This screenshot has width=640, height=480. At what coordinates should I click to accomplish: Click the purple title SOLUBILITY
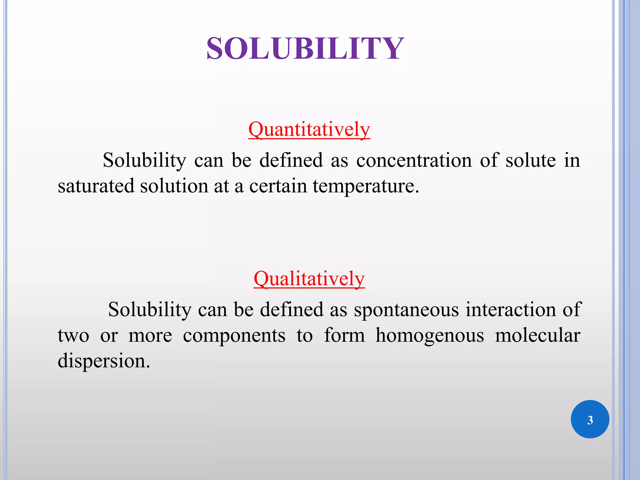[305, 48]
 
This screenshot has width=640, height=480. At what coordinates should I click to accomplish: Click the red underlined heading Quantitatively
[309, 129]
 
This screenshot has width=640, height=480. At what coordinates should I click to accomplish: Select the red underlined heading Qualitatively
[309, 279]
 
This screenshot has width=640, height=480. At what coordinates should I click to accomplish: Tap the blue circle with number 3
[590, 419]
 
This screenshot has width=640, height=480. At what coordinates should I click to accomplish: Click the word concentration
[414, 161]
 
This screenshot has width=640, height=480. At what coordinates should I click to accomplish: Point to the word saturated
[96, 186]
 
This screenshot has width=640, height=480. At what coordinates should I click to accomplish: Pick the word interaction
[510, 310]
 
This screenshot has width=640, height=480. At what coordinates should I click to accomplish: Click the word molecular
[537, 335]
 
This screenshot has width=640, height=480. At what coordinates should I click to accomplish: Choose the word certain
[278, 186]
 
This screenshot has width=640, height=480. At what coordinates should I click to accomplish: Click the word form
[344, 335]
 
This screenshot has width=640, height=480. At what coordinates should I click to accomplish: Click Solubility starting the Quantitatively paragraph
[144, 161]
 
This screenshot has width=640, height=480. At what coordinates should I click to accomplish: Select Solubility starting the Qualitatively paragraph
[150, 310]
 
